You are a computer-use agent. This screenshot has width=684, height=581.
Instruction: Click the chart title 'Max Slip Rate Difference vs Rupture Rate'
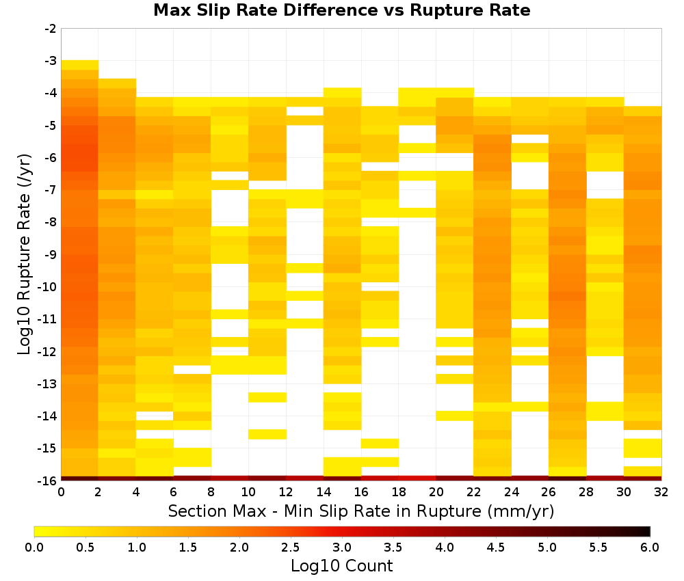coord(341,10)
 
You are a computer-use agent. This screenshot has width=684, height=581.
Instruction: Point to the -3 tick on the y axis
coord(51,61)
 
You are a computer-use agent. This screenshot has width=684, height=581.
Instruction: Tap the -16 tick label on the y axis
coord(49,481)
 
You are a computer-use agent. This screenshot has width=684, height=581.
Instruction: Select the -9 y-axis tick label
coord(51,254)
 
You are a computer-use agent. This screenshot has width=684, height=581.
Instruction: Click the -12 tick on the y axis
coord(49,352)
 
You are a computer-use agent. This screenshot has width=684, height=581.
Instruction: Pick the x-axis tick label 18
coord(399,492)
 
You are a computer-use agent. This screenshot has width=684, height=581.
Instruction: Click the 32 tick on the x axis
coord(661,492)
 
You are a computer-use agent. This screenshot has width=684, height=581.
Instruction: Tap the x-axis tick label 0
coord(61,492)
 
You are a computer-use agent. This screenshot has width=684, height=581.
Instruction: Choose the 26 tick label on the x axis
coord(549,492)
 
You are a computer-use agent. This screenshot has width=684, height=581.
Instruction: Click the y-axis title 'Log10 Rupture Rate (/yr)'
coord(24,254)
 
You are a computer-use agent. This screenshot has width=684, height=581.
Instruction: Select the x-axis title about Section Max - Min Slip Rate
coord(361,511)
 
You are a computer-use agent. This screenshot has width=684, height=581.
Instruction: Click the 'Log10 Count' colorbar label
coord(341,566)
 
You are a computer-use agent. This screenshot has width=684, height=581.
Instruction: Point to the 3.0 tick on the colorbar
coord(342,548)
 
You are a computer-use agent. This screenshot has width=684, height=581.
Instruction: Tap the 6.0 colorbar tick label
coord(650,548)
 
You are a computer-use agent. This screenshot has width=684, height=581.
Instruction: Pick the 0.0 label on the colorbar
coord(34,548)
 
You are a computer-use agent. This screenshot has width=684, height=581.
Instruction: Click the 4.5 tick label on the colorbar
coord(496,548)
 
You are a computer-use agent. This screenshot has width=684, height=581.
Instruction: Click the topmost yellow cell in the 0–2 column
coord(80,65)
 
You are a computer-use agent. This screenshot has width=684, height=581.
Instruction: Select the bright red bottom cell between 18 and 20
coord(417,478)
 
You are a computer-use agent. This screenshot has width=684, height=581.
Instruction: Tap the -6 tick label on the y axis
coord(51,158)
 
